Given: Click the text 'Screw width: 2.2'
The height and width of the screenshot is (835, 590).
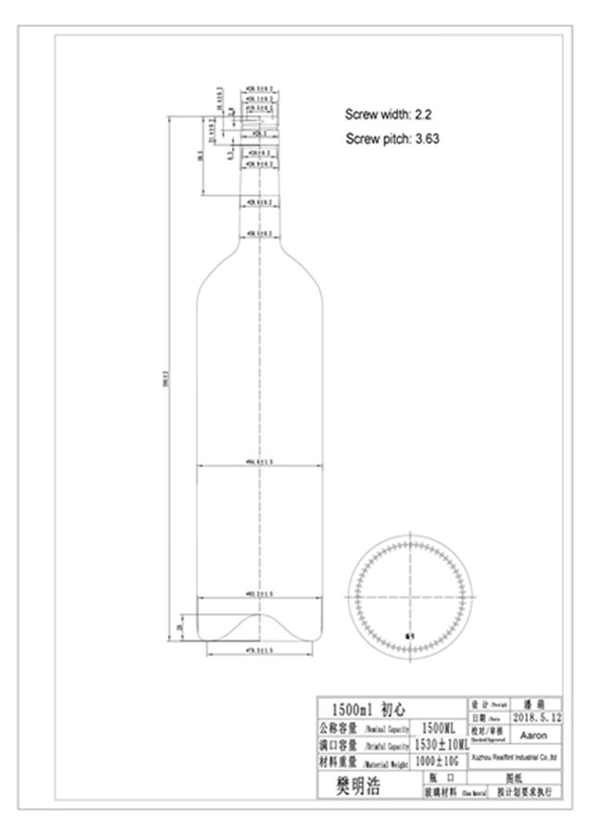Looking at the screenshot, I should tap(389, 115).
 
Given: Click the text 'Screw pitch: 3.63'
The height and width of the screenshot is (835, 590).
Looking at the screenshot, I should tap(391, 139).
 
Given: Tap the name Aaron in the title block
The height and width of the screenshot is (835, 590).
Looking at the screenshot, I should tap(534, 735).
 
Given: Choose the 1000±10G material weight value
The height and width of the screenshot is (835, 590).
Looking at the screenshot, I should tap(438, 762).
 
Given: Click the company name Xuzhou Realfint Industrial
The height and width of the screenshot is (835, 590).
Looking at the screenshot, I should tap(514, 757).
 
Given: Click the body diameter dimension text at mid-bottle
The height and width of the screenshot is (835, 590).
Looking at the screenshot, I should tap(260, 460).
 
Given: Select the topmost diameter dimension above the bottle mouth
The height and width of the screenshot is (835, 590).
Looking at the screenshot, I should tap(261, 91).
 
